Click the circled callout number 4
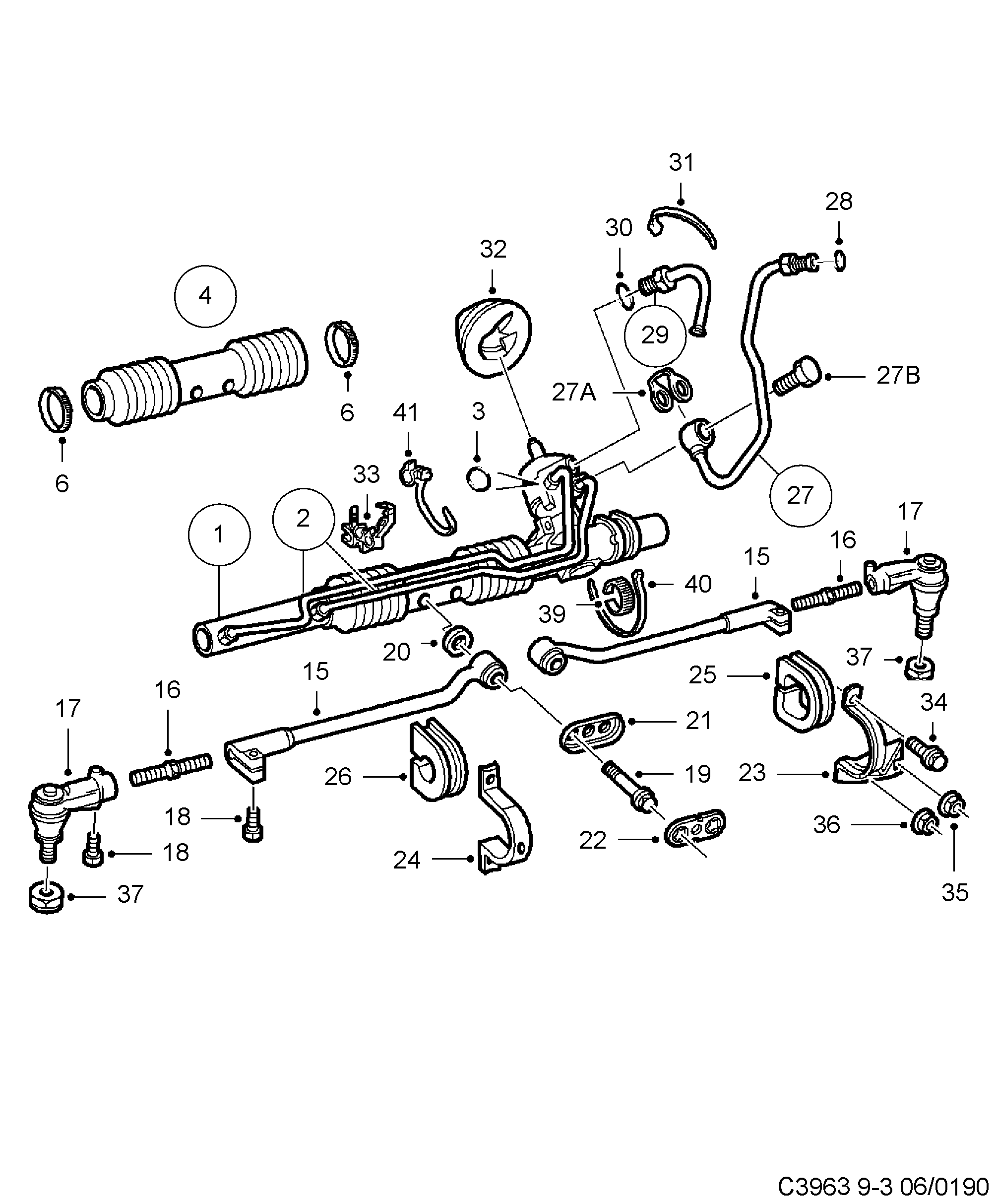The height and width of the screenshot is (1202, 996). click(205, 296)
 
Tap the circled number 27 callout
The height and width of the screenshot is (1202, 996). click(800, 495)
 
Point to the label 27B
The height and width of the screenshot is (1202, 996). click(898, 376)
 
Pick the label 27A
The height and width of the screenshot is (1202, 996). click(574, 393)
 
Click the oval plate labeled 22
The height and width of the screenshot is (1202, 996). click(694, 828)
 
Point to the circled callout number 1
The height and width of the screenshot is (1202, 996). click(219, 534)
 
